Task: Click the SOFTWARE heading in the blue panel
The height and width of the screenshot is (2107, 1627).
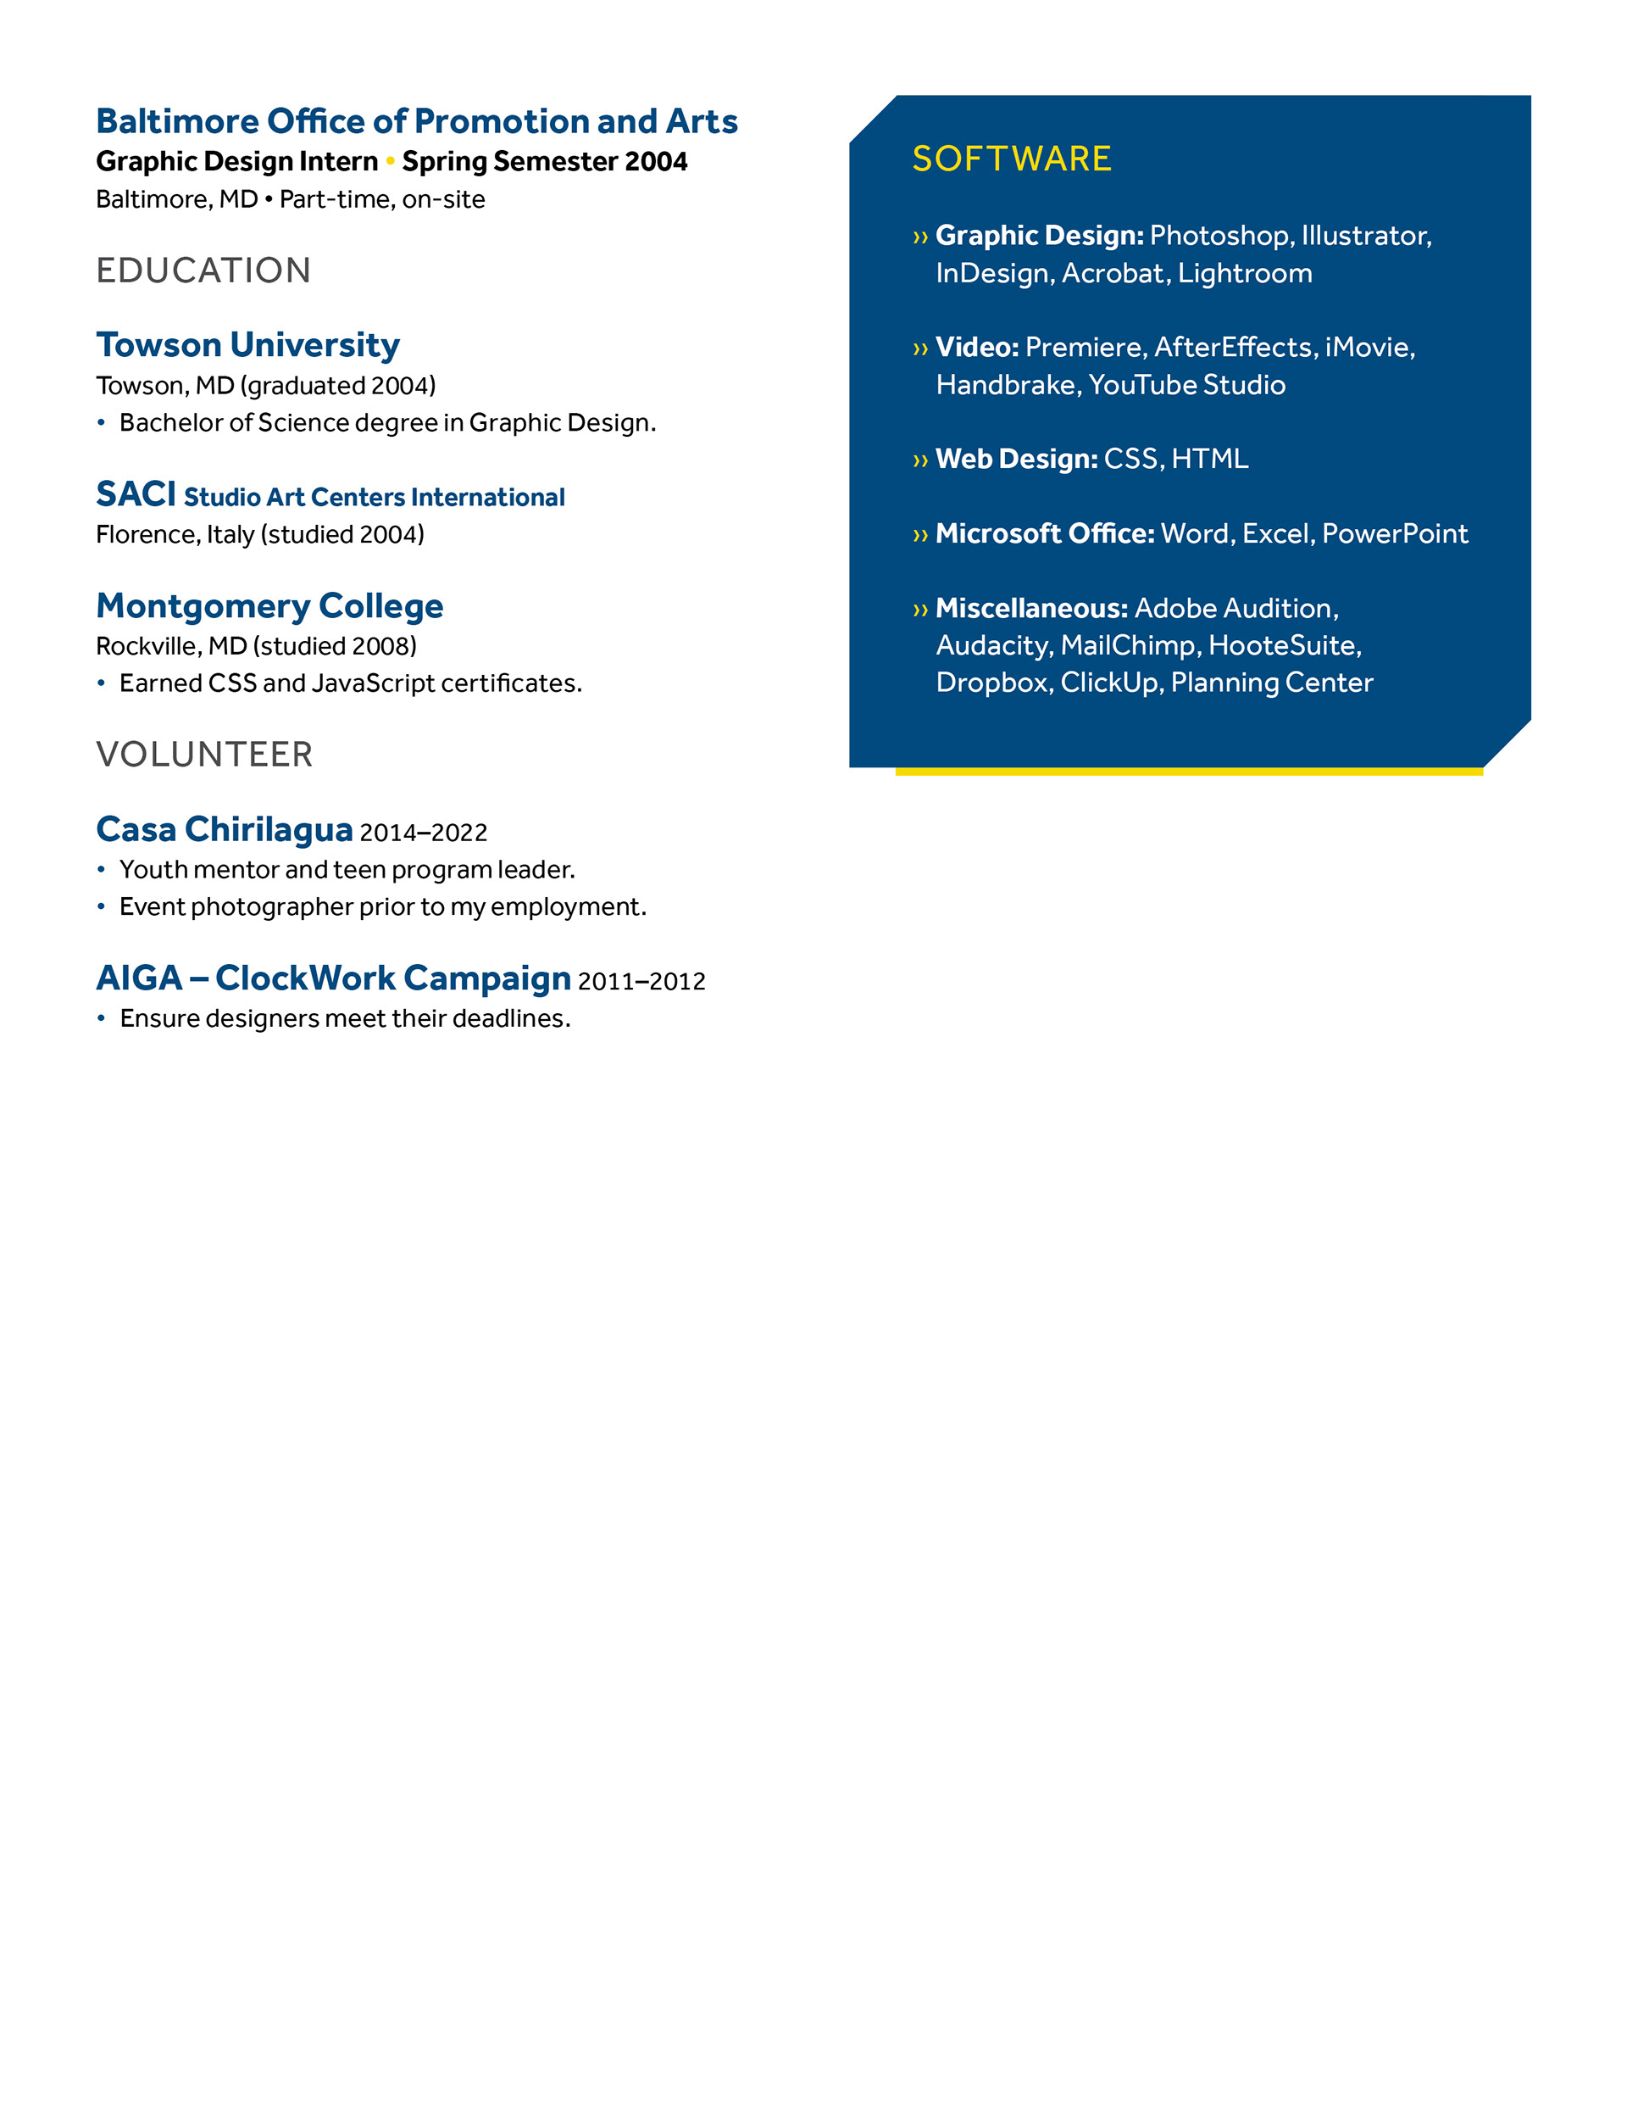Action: [x=1011, y=159]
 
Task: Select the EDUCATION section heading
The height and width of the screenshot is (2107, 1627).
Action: [x=203, y=270]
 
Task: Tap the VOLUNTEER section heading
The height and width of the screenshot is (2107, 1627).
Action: [x=204, y=755]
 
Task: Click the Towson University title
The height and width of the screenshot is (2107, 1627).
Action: [x=247, y=344]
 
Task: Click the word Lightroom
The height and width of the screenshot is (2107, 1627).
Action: [x=1244, y=273]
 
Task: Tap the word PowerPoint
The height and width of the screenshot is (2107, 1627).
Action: [x=1395, y=533]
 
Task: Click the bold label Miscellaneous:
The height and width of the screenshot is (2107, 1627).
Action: [x=1031, y=609]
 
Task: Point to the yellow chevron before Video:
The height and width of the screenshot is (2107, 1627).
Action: [x=920, y=348]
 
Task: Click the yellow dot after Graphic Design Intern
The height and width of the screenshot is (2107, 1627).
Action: [x=391, y=161]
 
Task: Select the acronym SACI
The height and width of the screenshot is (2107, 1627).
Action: [x=136, y=494]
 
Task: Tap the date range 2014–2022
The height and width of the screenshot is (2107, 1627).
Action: [x=424, y=833]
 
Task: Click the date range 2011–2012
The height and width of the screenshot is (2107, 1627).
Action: [x=641, y=981]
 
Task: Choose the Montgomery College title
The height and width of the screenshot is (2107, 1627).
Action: [x=270, y=606]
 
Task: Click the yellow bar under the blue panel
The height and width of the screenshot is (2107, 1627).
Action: [x=1188, y=772]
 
